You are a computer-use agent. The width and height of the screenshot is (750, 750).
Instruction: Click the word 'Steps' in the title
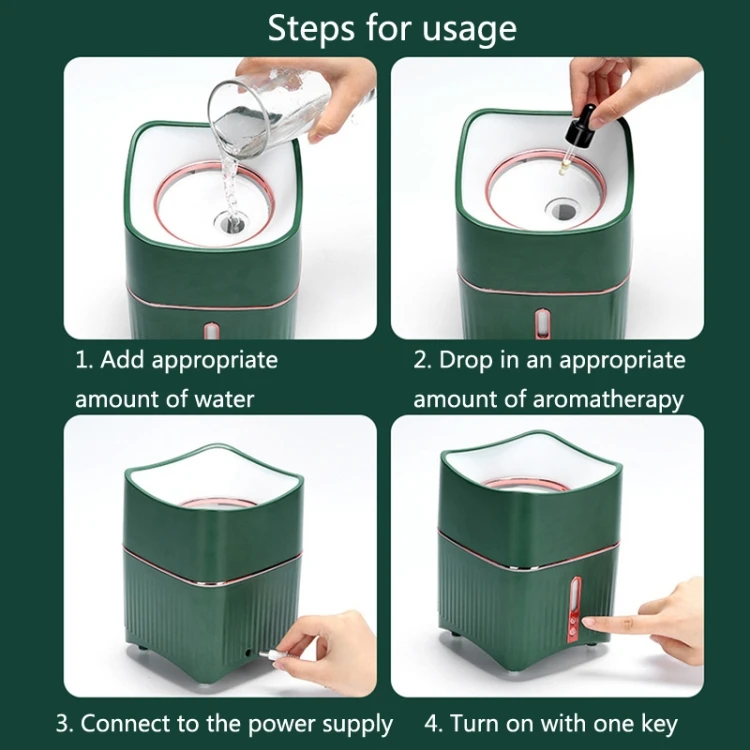pos(311,30)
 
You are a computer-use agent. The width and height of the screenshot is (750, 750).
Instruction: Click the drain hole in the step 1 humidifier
pos(231,221)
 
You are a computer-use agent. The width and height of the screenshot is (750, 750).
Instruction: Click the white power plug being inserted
pos(269,654)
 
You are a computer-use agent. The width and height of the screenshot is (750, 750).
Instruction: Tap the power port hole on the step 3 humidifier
pos(249,652)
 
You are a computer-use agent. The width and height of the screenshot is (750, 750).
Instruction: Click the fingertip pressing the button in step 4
pos(589,622)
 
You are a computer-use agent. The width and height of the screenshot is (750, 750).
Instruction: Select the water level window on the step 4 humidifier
pos(576,592)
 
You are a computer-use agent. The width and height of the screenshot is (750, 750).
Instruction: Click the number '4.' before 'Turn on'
pos(434,724)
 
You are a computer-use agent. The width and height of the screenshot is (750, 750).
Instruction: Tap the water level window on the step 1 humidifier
pos(210,331)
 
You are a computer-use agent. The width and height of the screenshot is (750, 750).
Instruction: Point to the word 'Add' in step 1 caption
pos(122,360)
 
